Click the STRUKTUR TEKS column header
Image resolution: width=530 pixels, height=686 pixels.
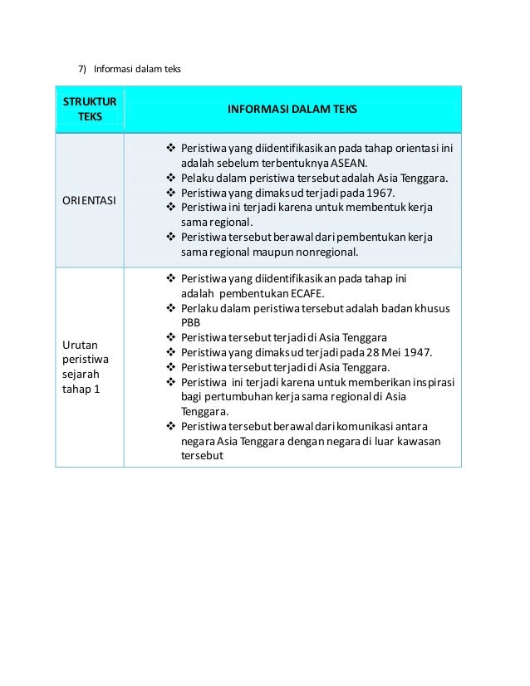click(x=90, y=109)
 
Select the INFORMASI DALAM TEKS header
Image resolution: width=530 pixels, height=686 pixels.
click(x=292, y=109)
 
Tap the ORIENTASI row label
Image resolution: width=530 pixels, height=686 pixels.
click(x=89, y=200)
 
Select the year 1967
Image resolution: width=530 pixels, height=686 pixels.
click(x=379, y=192)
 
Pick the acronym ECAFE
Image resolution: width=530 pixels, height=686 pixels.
click(x=308, y=293)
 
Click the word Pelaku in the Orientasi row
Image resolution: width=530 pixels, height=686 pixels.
click(x=197, y=177)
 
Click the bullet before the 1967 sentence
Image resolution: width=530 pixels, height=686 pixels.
click(x=170, y=192)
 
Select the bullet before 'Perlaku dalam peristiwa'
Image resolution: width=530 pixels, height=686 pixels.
click(x=170, y=308)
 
